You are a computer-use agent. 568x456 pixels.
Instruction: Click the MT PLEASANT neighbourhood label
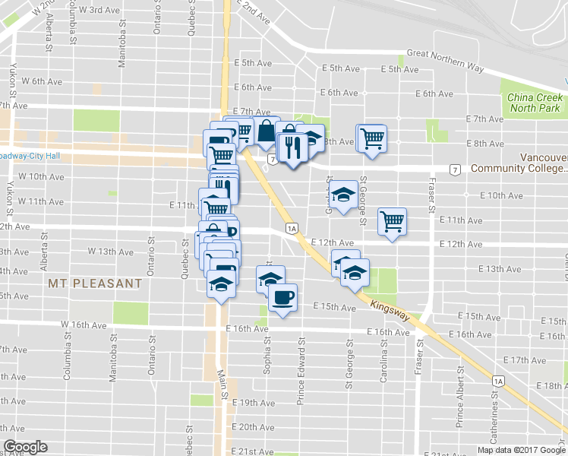pos(94,283)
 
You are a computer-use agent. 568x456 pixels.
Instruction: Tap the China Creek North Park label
pos(535,103)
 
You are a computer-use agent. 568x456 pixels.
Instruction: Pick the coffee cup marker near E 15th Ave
pos(282,297)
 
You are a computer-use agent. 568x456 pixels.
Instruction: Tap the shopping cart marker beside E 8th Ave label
pos(371,138)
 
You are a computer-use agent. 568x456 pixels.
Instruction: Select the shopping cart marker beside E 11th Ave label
pos(392,221)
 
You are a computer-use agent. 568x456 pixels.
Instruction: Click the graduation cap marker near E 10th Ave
pos(344,196)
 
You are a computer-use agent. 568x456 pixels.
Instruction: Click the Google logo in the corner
pos(25,447)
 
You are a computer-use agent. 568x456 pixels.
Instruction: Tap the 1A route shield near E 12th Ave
pos(291,228)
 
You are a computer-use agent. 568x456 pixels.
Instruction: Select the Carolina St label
pos(384,362)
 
